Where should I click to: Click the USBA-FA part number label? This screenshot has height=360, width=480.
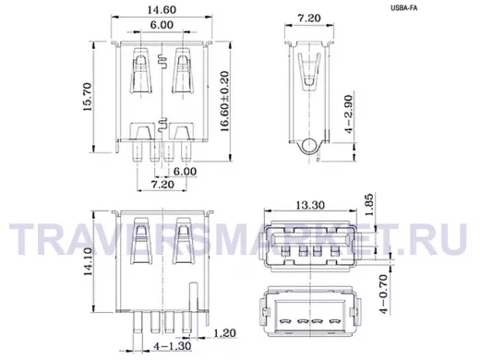pyautogui.click(x=404, y=8)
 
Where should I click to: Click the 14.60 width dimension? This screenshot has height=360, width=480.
pyautogui.click(x=162, y=10)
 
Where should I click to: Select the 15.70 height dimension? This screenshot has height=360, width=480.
pyautogui.click(x=88, y=97)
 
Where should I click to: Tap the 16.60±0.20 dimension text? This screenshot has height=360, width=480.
pyautogui.click(x=225, y=102)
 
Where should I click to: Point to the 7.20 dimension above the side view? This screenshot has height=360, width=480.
pyautogui.click(x=309, y=18)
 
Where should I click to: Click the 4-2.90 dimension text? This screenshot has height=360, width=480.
pyautogui.click(x=348, y=114)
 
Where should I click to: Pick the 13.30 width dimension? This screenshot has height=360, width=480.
pyautogui.click(x=310, y=205)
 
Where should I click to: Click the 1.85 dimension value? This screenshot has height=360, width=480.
pyautogui.click(x=369, y=205)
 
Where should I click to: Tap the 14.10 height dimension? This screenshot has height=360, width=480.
pyautogui.click(x=88, y=261)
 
